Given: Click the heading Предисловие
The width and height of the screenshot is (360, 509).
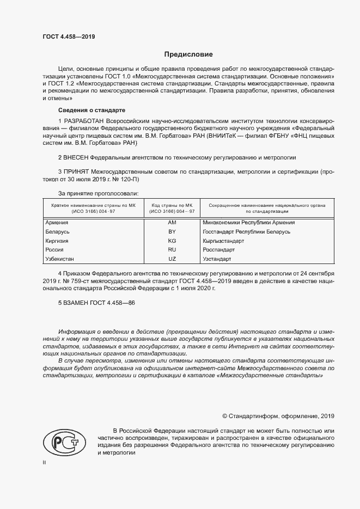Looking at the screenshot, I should (x=188, y=54).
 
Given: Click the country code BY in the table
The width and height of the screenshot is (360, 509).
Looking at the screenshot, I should (x=172, y=232).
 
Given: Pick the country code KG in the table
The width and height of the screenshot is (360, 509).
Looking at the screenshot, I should (x=172, y=241).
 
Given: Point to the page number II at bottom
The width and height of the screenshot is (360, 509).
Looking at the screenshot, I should (x=44, y=462).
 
